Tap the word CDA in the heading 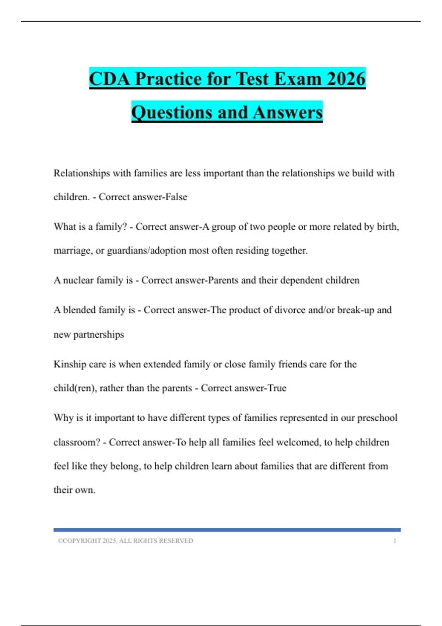tap(109, 79)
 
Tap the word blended tap(79, 310)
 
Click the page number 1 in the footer tap(394, 541)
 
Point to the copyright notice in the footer tap(125, 541)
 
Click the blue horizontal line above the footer tap(227, 530)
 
